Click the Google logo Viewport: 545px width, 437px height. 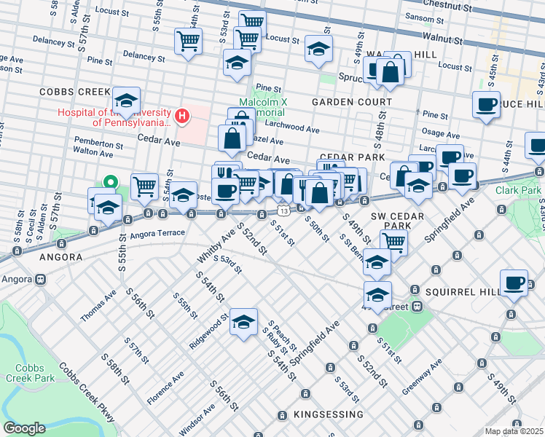pyautogui.click(x=23, y=428)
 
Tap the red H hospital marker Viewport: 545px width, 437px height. pyautogui.click(x=182, y=115)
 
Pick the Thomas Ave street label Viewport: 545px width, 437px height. pyautogui.click(x=98, y=305)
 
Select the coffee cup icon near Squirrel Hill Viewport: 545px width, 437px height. pyautogui.click(x=514, y=282)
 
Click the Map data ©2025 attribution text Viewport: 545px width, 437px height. pyautogui.click(x=514, y=431)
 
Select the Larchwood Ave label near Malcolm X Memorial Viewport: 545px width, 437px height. pyautogui.click(x=294, y=129)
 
